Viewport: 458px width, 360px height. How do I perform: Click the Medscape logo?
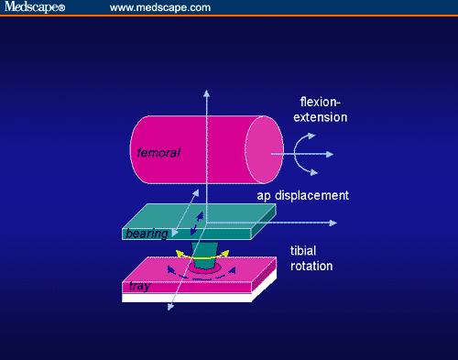pyautogui.click(x=34, y=7)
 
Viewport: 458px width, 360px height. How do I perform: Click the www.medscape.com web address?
pyautogui.click(x=160, y=7)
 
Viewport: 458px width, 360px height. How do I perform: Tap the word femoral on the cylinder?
pyautogui.click(x=158, y=152)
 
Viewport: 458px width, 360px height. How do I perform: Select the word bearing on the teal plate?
pyautogui.click(x=146, y=235)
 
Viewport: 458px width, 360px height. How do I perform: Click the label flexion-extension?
pyautogui.click(x=324, y=109)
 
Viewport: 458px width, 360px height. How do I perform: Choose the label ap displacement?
pyautogui.click(x=302, y=195)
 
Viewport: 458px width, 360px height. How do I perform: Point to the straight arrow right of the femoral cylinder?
pyautogui.click(x=325, y=153)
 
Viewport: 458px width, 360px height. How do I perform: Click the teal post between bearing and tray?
pyautogui.click(x=204, y=254)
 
